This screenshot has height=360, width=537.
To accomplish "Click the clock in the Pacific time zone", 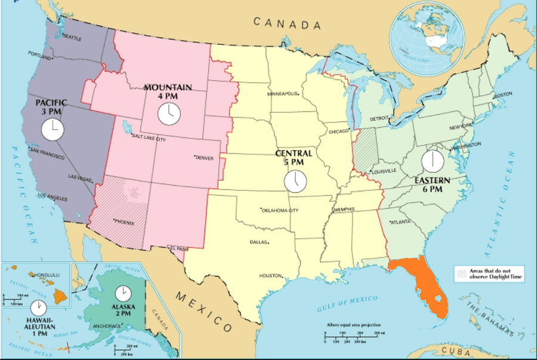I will point(53,129).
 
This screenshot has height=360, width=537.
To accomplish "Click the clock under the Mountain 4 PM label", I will point(168,113).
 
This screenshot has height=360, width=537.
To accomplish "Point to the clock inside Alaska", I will point(123,293).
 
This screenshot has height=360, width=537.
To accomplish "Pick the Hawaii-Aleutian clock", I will point(39,307).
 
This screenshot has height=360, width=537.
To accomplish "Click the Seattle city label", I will point(72,38).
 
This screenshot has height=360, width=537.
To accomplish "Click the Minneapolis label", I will point(282,94).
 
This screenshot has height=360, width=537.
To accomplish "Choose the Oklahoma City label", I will point(280,210).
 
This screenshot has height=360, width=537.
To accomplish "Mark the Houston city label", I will point(270,276).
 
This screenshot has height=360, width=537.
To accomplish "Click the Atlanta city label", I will point(400,222).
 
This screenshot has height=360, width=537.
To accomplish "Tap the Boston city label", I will point(502,95).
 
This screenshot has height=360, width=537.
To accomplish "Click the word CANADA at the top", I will point(287,23).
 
